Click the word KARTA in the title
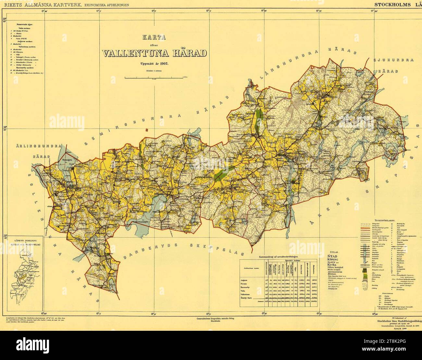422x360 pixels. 154,37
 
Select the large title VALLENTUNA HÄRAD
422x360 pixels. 154,53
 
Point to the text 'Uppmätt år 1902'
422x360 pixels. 154,64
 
